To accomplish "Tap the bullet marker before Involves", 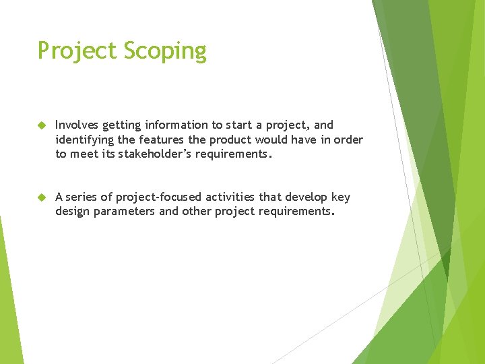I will click(40, 125).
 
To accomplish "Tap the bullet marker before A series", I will click(40, 198).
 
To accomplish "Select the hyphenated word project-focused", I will click(159, 197).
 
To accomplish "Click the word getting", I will click(121, 125).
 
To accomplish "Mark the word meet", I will click(84, 154).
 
